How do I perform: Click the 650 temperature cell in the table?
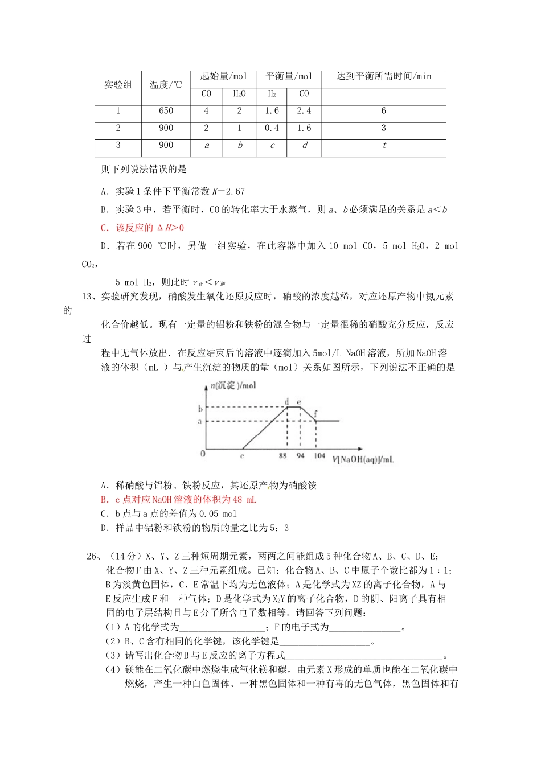click(x=166, y=111)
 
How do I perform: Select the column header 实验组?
click(x=118, y=85)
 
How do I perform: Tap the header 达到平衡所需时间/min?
click(x=383, y=76)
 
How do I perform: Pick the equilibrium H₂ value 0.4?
click(x=272, y=128)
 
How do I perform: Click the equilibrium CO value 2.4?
click(x=304, y=111)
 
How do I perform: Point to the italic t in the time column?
click(x=384, y=145)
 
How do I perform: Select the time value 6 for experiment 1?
click(x=383, y=111)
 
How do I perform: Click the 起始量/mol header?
click(x=223, y=76)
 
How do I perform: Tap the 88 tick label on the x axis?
click(x=283, y=456)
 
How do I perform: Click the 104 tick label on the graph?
click(x=319, y=455)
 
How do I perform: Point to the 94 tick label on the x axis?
click(x=300, y=456)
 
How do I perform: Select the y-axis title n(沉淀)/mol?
click(x=233, y=385)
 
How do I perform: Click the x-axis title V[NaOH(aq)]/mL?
click(x=363, y=459)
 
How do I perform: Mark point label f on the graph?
click(x=315, y=414)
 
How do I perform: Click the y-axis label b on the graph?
click(x=200, y=408)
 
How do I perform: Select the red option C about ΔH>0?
click(x=142, y=228)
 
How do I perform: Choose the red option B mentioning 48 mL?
click(x=178, y=499)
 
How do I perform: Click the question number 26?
click(x=93, y=556)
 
